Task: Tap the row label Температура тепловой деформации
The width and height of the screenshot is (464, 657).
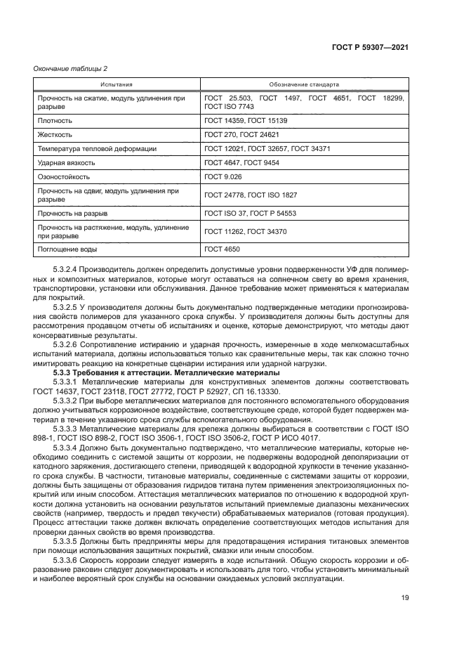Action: point(97,149)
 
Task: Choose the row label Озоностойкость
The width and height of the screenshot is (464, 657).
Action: point(64,177)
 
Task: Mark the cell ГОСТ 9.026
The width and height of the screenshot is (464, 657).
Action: point(223,177)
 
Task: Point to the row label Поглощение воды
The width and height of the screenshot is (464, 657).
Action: point(67,249)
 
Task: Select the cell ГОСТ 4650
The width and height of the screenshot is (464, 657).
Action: point(221,249)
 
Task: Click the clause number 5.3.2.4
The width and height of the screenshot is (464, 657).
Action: point(67,270)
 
